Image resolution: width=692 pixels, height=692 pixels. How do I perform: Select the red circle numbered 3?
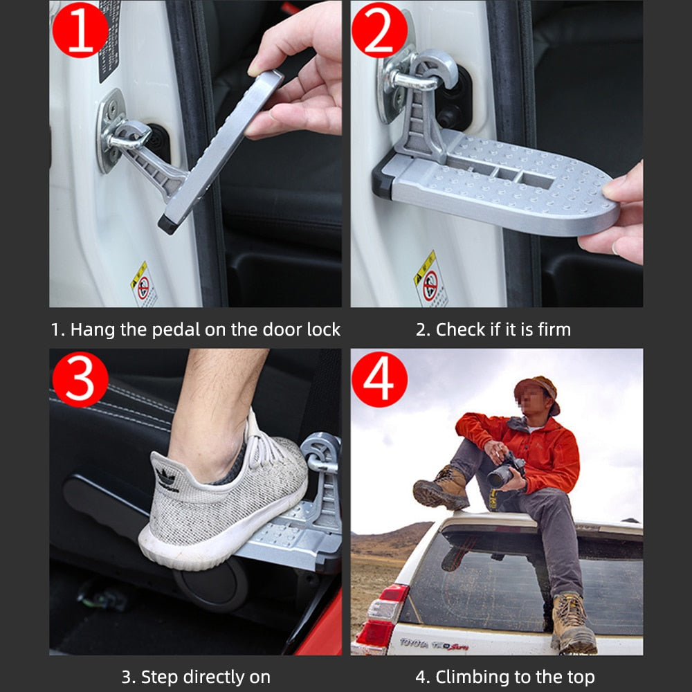coord(80,379)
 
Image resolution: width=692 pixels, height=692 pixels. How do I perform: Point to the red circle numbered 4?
coord(379,379)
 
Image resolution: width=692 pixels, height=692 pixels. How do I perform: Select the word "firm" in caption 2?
coord(554,329)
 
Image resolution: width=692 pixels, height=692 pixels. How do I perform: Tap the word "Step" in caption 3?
coord(160,677)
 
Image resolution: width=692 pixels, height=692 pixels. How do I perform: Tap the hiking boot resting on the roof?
coord(442,489)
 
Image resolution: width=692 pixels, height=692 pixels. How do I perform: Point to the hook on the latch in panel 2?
coord(437,69)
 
